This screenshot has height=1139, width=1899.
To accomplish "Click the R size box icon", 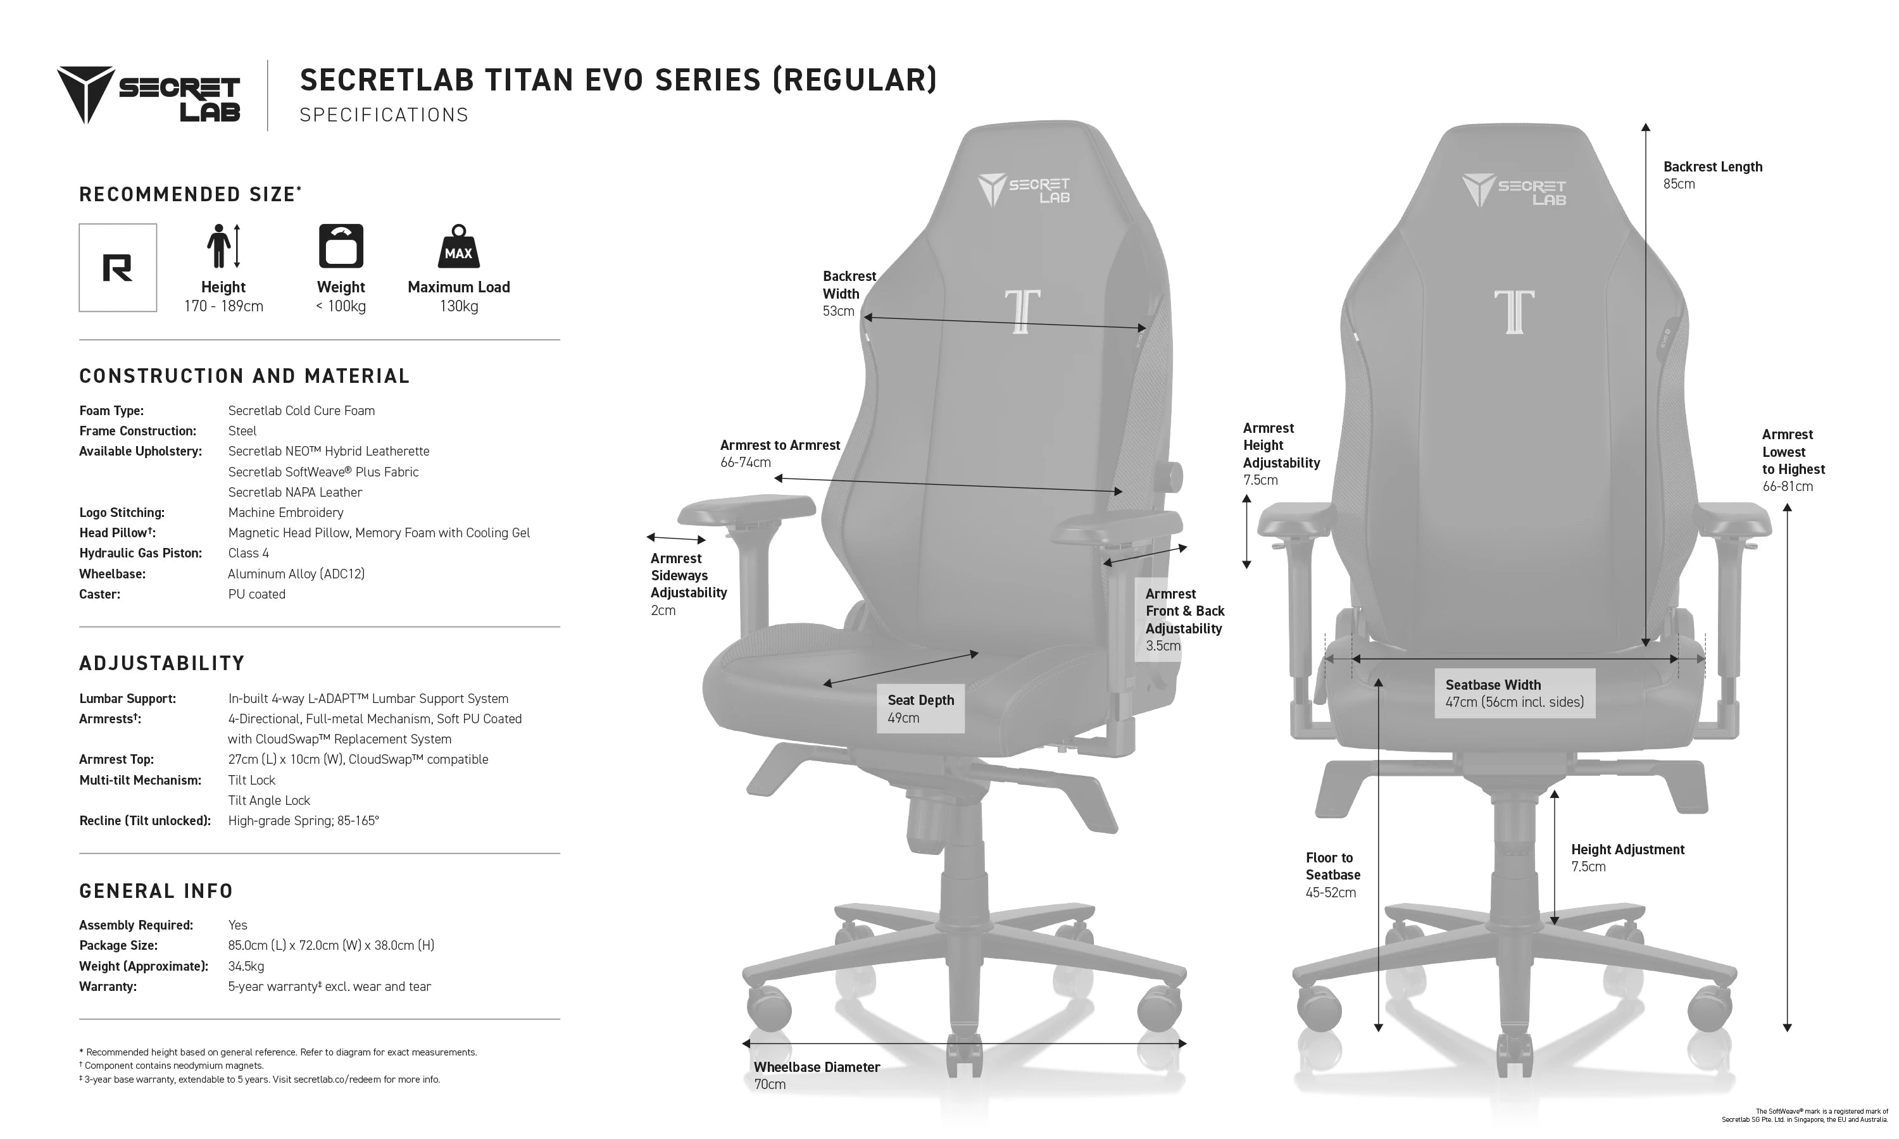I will [x=118, y=268].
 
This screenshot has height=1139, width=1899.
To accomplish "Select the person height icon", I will [x=223, y=246].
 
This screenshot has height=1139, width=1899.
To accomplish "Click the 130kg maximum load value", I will [x=458, y=306].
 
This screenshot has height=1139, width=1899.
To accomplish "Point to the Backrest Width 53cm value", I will [x=838, y=311].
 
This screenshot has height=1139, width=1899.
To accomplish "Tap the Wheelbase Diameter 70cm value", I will [x=770, y=1084].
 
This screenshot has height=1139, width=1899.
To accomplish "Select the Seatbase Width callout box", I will [x=1514, y=693].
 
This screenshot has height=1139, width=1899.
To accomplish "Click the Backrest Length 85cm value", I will [x=1679, y=184].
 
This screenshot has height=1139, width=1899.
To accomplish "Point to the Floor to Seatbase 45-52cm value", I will [x=1330, y=892].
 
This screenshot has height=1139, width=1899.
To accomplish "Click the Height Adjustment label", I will [x=1627, y=849].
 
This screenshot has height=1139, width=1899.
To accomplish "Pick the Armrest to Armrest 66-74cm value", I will [x=745, y=462].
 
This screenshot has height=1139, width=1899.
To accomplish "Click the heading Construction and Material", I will [x=244, y=376].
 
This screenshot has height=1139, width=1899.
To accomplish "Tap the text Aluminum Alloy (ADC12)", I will [x=296, y=573].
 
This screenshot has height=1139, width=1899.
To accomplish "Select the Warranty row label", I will [x=108, y=987].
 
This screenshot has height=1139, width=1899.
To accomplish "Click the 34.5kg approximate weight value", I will [x=246, y=966].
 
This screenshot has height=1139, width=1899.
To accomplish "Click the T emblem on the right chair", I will [x=1514, y=311].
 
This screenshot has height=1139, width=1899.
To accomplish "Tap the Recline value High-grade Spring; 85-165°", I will [x=303, y=821].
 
